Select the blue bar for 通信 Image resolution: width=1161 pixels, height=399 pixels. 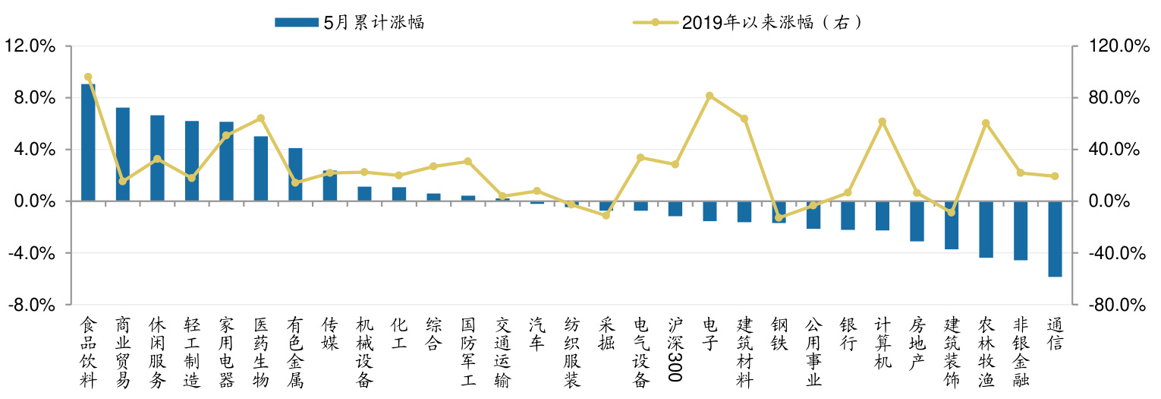pos(1055,239)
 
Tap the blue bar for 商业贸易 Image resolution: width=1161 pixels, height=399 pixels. pos(123,154)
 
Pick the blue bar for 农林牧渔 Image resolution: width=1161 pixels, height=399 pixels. pos(986,230)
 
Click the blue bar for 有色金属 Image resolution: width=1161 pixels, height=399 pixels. pos(295,175)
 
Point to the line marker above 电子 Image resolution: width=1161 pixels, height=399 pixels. pos(709,96)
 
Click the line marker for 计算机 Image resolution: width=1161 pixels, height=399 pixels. pos(882,122)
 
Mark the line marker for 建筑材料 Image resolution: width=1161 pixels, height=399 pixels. pos(744,119)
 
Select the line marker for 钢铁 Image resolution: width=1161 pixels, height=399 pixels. pos(779,218)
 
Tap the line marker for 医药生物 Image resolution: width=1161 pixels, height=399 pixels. pos(260,119)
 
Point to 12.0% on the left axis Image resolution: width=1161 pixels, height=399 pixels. pos(30,46)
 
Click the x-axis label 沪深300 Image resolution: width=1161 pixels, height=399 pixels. pos(675,343)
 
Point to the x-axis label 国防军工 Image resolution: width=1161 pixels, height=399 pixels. pos(468,352)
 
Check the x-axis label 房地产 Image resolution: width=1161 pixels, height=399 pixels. pos(917,343)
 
